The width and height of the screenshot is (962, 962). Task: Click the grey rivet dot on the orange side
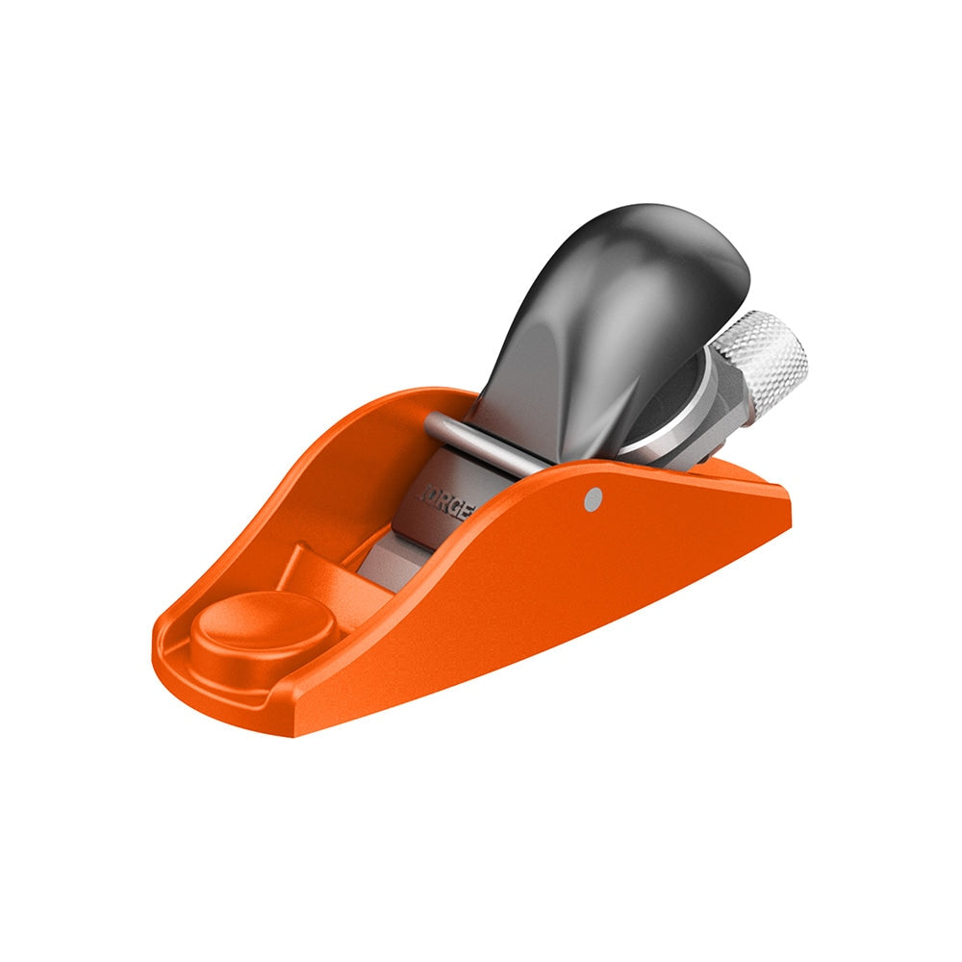point(594,496)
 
